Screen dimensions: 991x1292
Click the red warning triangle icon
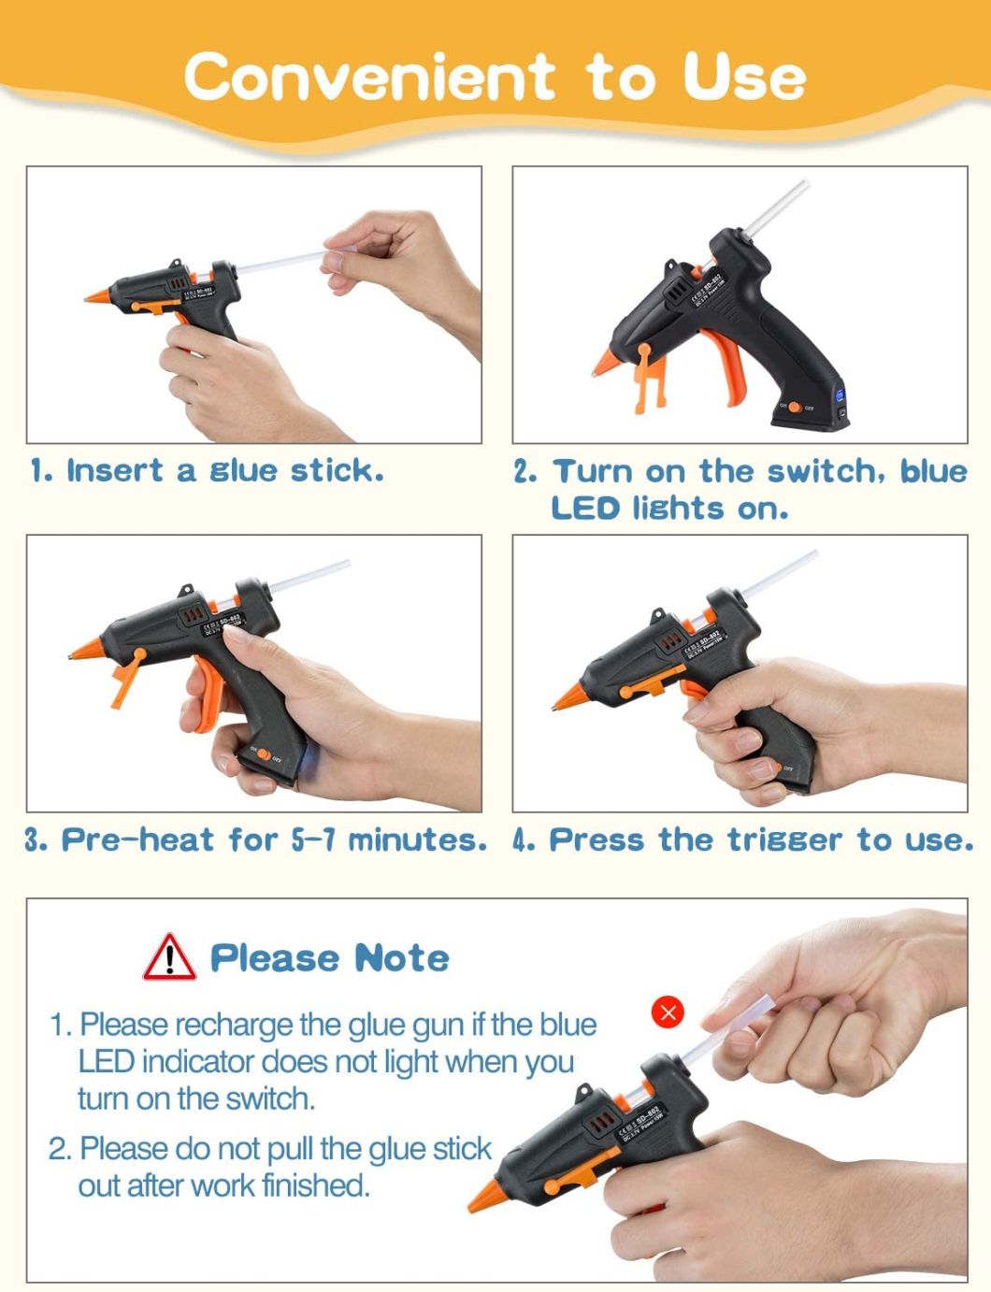click(169, 957)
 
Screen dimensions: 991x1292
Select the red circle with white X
click(668, 1012)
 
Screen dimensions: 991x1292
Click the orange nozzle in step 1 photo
click(98, 296)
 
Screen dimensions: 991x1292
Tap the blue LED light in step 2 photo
click(840, 395)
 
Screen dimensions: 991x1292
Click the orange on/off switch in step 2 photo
click(795, 407)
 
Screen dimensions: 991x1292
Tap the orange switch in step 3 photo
click(264, 754)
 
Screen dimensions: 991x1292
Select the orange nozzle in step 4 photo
click(569, 696)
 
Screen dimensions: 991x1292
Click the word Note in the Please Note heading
click(401, 958)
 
